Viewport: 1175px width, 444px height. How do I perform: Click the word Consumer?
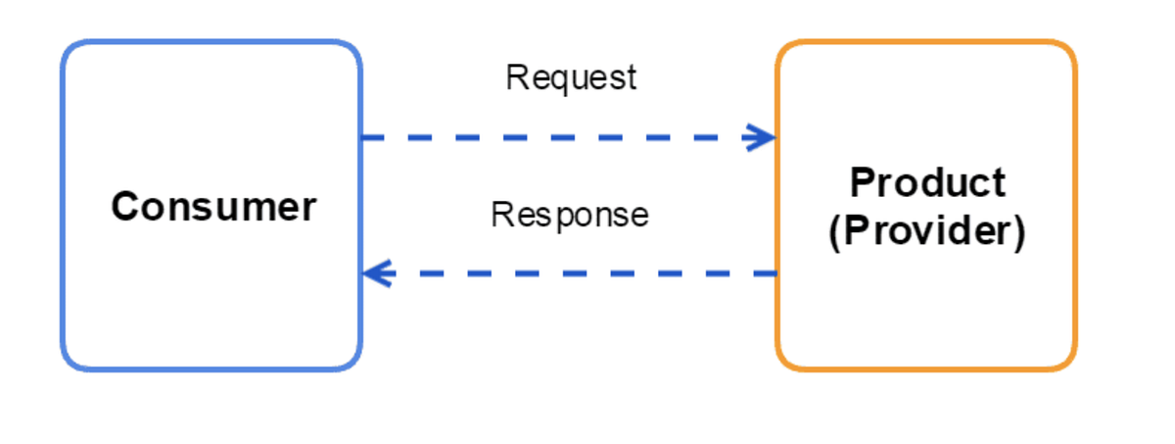pyautogui.click(x=213, y=207)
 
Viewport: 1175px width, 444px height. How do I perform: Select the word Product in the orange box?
pyautogui.click(x=926, y=182)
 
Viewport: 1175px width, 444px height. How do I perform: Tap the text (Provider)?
pyautogui.click(x=926, y=232)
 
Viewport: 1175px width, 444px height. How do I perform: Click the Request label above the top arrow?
pyautogui.click(x=571, y=77)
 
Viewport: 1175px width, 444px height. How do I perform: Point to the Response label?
pyautogui.click(x=569, y=214)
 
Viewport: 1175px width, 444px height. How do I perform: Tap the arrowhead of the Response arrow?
pyautogui.click(x=376, y=273)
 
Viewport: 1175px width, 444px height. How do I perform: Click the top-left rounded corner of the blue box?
pyautogui.click(x=70, y=50)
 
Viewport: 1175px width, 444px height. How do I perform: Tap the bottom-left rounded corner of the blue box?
pyautogui.click(x=70, y=361)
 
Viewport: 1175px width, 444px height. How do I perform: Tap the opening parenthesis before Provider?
pyautogui.click(x=833, y=233)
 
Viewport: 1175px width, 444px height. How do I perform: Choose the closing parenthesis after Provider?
pyautogui.click(x=1019, y=233)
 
